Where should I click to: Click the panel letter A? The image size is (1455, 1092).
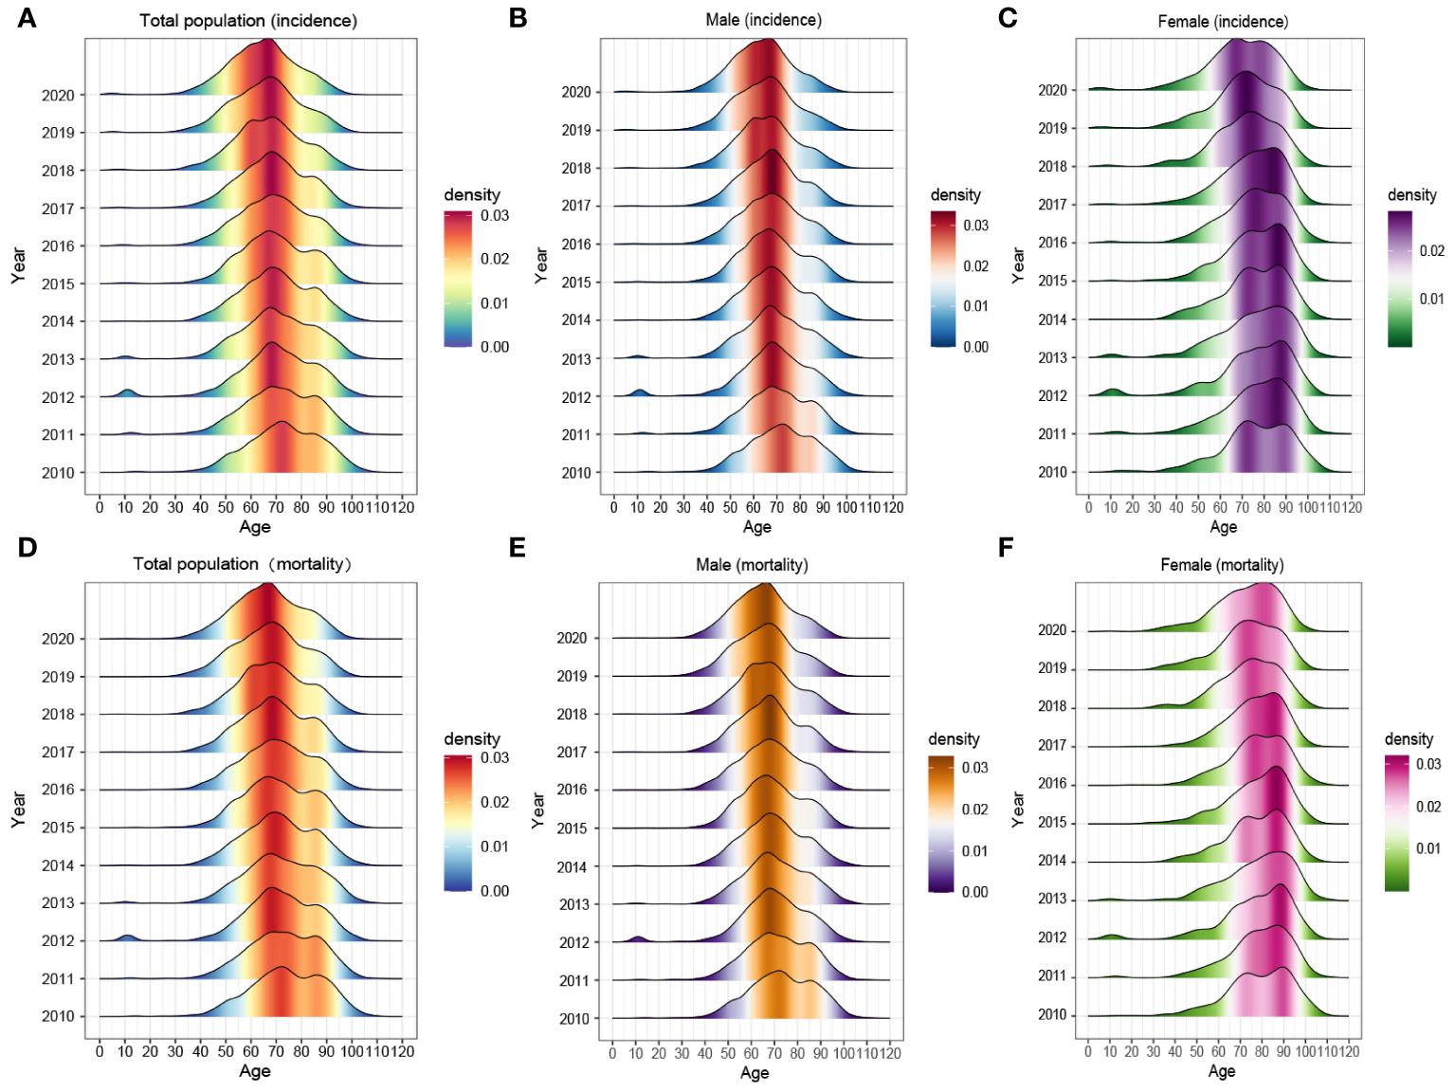point(27,18)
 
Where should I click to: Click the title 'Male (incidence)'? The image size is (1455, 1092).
point(763,20)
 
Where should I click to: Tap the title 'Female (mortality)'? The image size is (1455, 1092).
point(1222,565)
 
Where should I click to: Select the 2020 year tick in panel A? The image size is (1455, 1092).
point(58,95)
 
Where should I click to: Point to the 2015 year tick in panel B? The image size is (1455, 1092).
point(576,282)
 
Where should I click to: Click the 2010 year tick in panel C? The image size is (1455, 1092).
point(1052,472)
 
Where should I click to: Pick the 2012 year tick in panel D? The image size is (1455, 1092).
point(58,941)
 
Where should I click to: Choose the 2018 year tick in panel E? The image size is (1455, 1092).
point(572,715)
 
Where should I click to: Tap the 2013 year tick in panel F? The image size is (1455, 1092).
point(1052,899)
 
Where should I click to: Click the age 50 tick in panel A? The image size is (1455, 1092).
point(226,508)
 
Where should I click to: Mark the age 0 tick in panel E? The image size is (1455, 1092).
point(612,1053)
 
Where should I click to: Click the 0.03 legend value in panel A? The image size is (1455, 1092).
point(495,216)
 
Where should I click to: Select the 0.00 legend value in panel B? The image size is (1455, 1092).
point(975,347)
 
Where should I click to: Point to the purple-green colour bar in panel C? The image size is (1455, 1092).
point(1400,279)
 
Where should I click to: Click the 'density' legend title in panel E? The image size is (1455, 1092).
point(954,739)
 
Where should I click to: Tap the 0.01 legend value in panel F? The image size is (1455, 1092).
point(1428,848)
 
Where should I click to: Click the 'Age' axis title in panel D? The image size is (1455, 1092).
point(254,1071)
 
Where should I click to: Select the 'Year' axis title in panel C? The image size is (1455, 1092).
point(1018,265)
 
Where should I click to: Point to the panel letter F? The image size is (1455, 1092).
point(1007,548)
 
